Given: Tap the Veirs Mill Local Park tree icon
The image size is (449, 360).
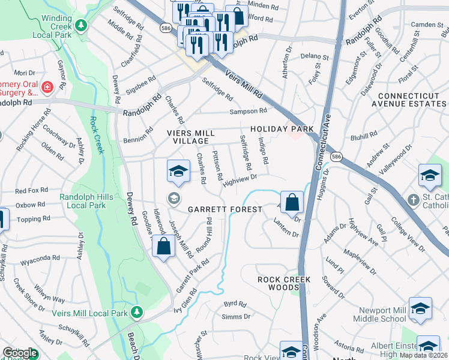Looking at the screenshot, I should [x=137, y=312].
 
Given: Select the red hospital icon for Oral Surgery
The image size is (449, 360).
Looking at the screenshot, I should [x=47, y=88].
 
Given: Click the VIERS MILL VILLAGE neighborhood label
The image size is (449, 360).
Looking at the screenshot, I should [x=192, y=136].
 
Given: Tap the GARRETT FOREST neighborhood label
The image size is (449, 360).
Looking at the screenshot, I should [x=225, y=209].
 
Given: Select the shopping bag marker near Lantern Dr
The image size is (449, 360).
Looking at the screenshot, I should [x=292, y=203].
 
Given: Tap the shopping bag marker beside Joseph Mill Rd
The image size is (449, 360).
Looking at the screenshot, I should [x=164, y=246].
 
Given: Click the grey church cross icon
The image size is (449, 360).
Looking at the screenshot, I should [x=412, y=199].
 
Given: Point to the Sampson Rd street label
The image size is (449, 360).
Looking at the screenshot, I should [x=247, y=112].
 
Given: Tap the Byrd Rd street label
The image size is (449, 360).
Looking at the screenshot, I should [x=235, y=304].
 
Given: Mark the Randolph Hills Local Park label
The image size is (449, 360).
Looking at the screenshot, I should [x=83, y=201].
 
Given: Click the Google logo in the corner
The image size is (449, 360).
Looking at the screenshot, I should [x=19, y=353].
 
